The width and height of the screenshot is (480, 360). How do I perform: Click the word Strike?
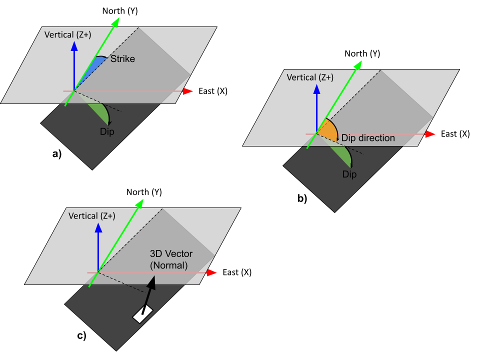point(122,59)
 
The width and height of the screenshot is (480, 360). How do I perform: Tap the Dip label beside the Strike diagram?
point(107,132)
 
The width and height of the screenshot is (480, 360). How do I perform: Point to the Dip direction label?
point(368,138)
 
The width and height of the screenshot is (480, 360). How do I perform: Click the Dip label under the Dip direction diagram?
point(349,174)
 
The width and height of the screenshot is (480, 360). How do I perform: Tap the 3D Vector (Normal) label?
point(171,260)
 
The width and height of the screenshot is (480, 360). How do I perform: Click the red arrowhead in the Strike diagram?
point(188,91)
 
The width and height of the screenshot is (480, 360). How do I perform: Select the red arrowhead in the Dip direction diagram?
point(430,134)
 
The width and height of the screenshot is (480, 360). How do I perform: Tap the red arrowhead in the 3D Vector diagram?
point(211,272)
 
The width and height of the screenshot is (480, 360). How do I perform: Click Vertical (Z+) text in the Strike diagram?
point(67,35)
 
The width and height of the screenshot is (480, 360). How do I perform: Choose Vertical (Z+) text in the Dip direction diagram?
point(310,77)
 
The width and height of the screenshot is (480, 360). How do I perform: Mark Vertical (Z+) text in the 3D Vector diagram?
point(91,216)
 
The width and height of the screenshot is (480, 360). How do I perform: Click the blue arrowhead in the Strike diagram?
point(74,46)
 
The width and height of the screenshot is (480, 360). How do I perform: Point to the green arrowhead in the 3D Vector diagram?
point(139,203)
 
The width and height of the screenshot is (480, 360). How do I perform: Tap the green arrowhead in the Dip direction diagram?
point(357,65)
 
